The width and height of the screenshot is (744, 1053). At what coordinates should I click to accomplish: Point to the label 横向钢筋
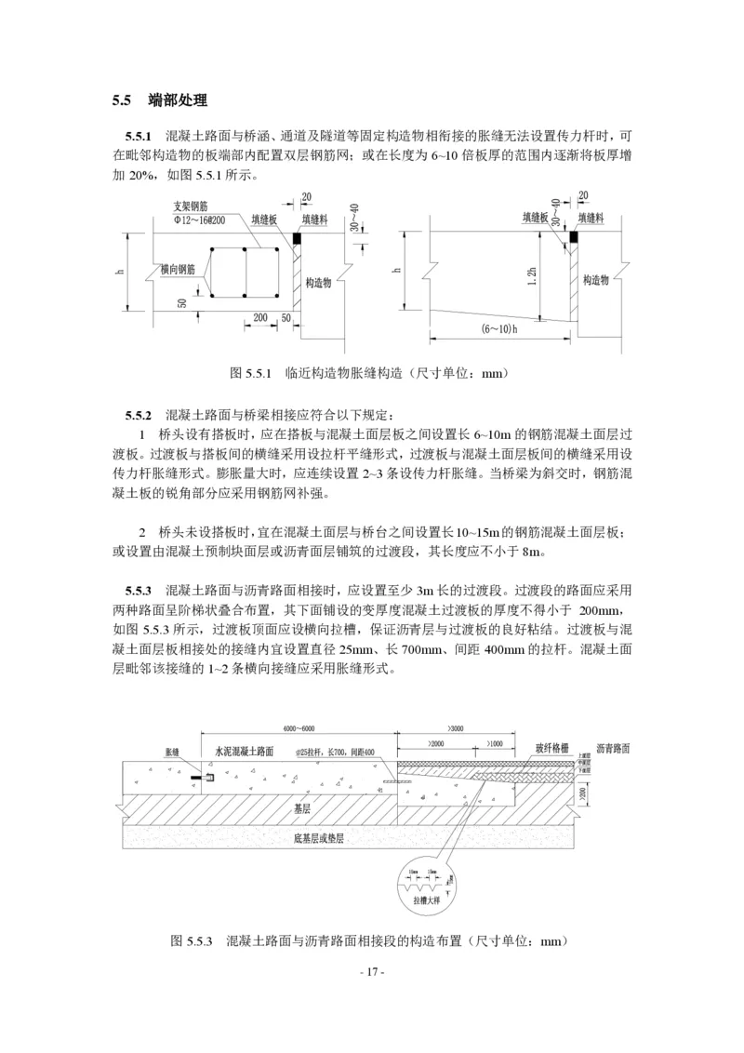click(179, 269)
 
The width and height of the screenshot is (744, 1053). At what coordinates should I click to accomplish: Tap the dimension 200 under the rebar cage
click(259, 317)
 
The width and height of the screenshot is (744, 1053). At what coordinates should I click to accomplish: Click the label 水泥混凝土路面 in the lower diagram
click(244, 749)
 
